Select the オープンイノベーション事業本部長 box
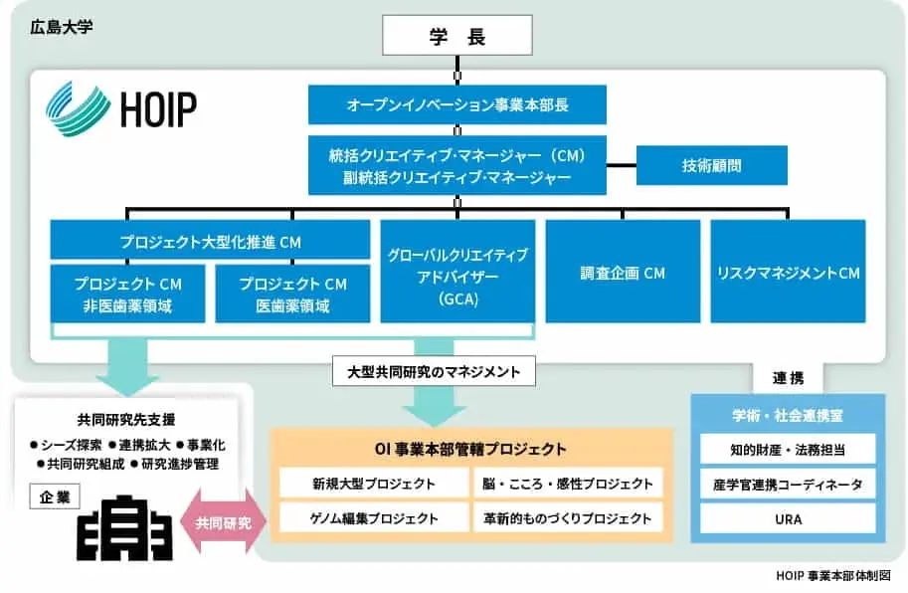click(456, 104)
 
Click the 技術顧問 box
click(711, 166)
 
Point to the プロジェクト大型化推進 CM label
click(209, 241)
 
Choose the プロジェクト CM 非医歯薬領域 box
click(128, 294)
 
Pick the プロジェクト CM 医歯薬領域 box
click(292, 294)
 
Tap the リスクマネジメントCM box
click(787, 272)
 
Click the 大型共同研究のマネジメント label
click(435, 372)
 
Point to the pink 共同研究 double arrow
click(223, 520)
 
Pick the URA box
click(787, 518)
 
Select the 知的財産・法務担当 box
click(787, 449)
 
